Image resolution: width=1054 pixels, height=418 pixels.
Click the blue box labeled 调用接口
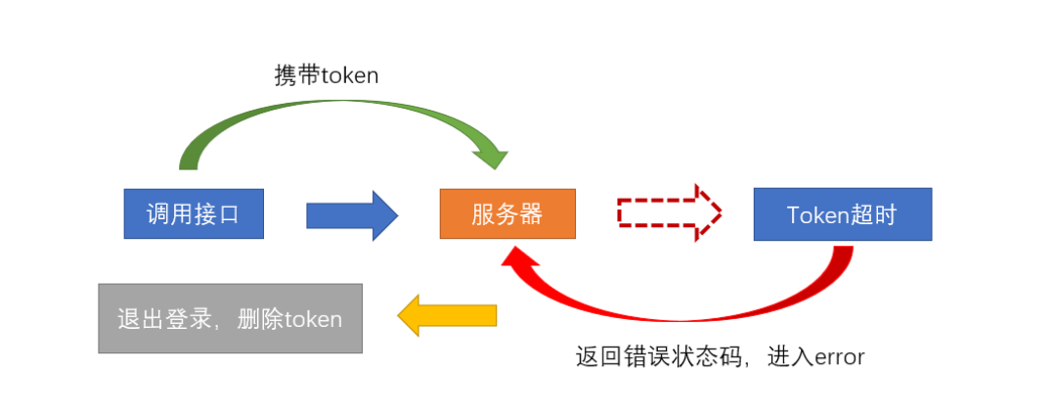[194, 214]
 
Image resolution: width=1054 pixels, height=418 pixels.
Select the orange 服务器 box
[507, 214]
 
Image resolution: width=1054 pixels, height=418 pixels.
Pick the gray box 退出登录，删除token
[230, 318]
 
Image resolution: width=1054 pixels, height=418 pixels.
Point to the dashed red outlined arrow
[669, 211]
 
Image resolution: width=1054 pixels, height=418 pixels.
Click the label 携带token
[326, 75]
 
